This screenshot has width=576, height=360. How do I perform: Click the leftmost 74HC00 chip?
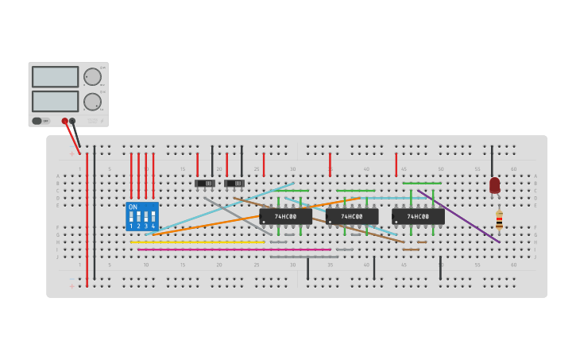pos(285,216)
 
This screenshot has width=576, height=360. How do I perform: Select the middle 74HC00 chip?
pos(352,216)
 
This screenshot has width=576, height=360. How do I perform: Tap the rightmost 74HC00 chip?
pos(418,216)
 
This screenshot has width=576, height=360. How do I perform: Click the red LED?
pos(495,185)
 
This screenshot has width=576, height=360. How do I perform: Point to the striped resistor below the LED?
pos(499,220)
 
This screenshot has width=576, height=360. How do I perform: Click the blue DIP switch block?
pos(142,216)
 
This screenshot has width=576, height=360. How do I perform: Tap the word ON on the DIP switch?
pos(133,207)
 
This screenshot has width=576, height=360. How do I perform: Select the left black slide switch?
pos(205,184)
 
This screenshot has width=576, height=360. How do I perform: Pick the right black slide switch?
pos(234,184)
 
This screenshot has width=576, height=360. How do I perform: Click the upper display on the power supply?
pos(55,76)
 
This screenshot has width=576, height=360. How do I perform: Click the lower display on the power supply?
pos(55,101)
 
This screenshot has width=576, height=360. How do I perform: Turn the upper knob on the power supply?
pos(92,76)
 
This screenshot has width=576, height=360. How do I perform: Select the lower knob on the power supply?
pos(92,102)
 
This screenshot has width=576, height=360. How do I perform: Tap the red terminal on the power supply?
pos(65,122)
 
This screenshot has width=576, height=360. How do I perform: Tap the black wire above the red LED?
pos(492,160)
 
